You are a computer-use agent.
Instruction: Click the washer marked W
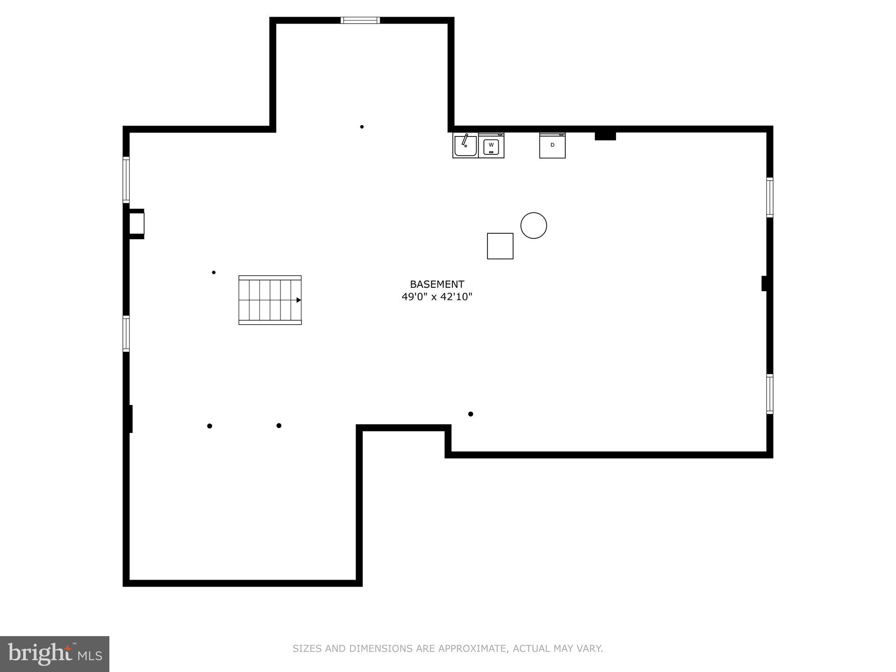point(491,145)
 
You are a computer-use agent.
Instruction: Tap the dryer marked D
point(552,145)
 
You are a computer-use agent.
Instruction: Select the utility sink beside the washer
point(465,145)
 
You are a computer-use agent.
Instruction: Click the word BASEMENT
point(437,284)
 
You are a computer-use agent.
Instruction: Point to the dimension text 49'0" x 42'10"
point(437,297)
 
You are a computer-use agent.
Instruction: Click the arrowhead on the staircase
point(299,300)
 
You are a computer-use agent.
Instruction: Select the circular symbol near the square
point(533,225)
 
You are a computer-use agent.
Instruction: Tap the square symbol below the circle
point(500,246)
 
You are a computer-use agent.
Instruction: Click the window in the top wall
point(360,20)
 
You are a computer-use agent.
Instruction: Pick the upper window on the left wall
point(126,179)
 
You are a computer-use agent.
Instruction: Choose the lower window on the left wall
point(126,333)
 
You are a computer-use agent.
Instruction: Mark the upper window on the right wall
point(770,197)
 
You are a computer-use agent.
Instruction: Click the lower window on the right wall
point(770,394)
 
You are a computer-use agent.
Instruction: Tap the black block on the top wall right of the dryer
point(605,136)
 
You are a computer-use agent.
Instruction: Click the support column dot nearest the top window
point(362,127)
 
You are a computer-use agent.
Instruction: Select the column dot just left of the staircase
point(213,273)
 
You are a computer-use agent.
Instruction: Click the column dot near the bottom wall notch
point(470,414)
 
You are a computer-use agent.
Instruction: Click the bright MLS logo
point(54,654)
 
